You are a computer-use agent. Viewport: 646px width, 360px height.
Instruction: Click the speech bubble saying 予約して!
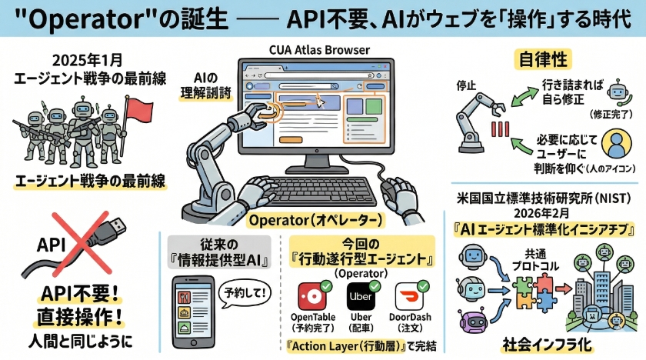(238, 292)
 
